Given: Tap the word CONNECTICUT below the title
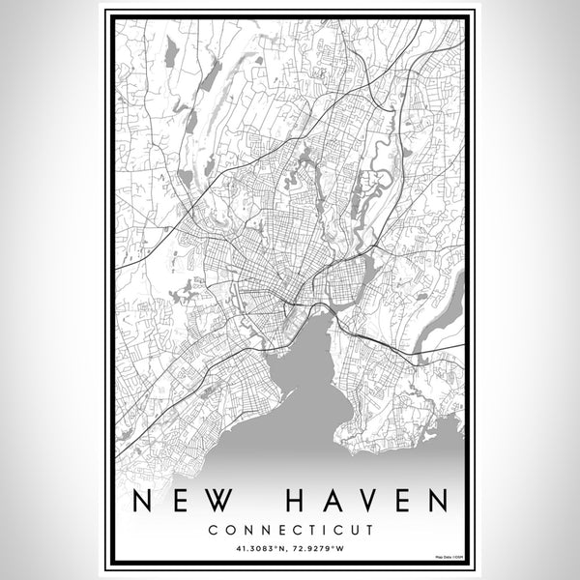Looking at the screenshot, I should (290, 530).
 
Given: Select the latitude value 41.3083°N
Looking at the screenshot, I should (259, 550).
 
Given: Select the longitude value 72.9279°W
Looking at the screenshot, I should (320, 550).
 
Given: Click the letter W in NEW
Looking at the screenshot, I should (222, 501).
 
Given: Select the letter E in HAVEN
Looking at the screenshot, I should (401, 501).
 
